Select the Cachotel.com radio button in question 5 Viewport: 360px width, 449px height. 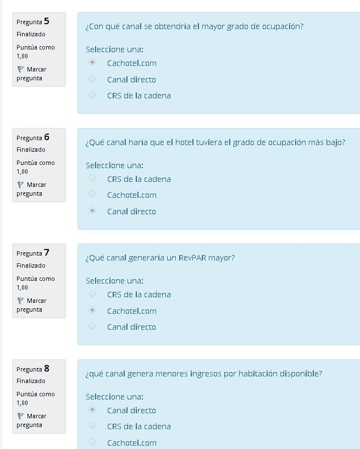click(x=92, y=63)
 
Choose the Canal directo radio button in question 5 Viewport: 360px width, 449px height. click(x=92, y=79)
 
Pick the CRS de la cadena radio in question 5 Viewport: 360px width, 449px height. click(x=92, y=95)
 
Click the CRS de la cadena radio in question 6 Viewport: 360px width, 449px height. click(x=92, y=179)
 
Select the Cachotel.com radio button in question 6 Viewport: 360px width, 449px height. click(x=92, y=195)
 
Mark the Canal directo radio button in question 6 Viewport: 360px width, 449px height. click(x=92, y=211)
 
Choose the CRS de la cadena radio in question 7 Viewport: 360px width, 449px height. click(x=92, y=294)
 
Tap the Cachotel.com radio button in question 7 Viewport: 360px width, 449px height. click(x=92, y=311)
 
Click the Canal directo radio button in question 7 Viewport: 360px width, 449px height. click(x=92, y=326)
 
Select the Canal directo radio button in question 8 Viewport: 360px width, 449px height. click(x=92, y=410)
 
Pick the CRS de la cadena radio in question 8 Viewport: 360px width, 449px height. click(x=92, y=426)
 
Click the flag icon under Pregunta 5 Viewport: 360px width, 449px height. click(x=20, y=69)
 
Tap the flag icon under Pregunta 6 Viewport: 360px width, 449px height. click(x=20, y=185)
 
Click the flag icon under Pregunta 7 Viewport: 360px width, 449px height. click(x=20, y=301)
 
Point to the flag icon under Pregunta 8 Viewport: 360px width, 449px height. click(x=20, y=416)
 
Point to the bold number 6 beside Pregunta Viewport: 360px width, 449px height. click(x=47, y=137)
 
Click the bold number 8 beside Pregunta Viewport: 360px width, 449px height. click(x=47, y=369)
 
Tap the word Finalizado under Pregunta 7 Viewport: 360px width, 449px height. click(x=31, y=265)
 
